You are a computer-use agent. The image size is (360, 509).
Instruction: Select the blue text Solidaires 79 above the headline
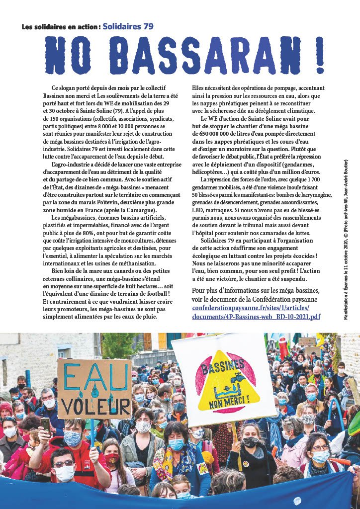click(x=128, y=26)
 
